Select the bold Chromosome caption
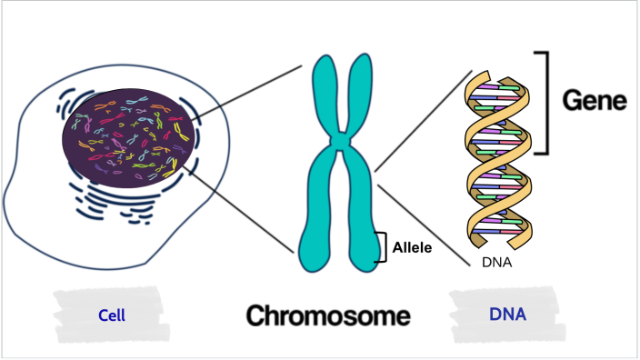pos(328,315)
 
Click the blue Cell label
pos(111,315)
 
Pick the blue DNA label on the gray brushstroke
pos(507,315)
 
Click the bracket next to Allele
pos(383,246)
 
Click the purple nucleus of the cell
pos(127,136)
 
